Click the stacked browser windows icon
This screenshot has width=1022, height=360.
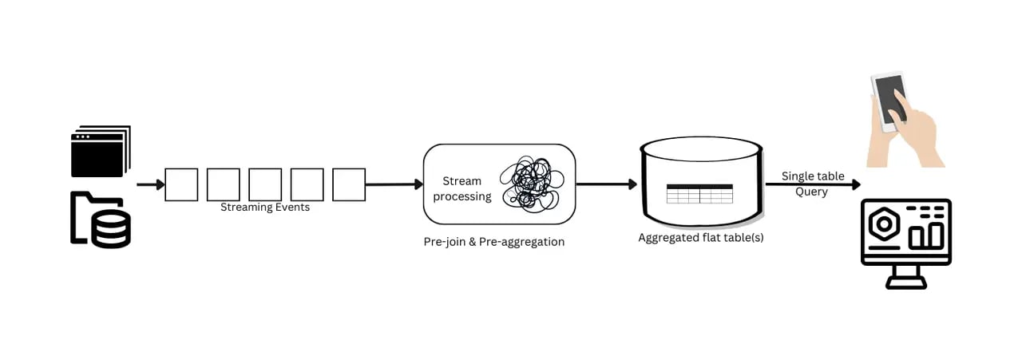point(100,151)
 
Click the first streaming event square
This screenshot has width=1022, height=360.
point(181,184)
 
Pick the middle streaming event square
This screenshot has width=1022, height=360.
point(265,184)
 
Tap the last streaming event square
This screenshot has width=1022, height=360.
point(349,184)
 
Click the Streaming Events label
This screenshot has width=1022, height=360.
point(265,208)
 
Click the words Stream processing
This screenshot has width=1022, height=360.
point(462,188)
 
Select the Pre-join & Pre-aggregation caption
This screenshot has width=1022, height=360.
point(493,242)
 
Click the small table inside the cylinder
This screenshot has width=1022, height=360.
point(699,194)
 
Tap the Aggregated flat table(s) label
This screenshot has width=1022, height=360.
point(700,238)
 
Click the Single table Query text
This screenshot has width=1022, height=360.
point(813,184)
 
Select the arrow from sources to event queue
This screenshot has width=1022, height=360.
point(150,185)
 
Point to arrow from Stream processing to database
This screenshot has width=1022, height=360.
point(606,185)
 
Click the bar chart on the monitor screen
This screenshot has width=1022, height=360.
point(926,235)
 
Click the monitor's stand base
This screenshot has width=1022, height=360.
point(905,283)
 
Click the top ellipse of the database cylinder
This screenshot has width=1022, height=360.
point(700,148)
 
